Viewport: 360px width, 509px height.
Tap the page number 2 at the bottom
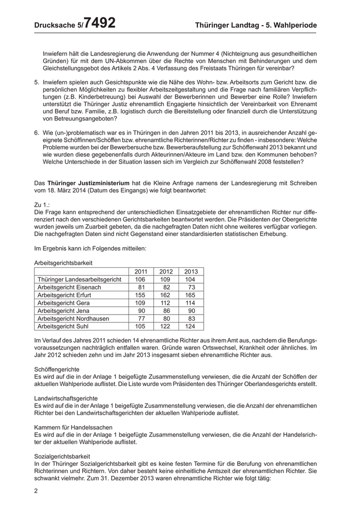(x=36, y=491)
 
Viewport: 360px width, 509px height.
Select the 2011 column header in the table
(x=140, y=271)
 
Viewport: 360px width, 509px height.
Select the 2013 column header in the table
(x=191, y=271)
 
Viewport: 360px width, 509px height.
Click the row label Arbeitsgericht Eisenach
(x=69, y=287)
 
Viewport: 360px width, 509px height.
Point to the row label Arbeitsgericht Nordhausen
(x=74, y=318)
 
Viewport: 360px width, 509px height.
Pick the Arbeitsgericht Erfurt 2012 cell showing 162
(x=166, y=295)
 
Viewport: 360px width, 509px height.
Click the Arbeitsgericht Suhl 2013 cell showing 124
(x=191, y=326)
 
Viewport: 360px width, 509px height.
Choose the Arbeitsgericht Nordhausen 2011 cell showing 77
(x=142, y=318)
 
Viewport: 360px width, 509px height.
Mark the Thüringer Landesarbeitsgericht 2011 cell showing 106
(x=140, y=279)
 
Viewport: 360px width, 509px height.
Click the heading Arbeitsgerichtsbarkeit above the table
(x=63, y=262)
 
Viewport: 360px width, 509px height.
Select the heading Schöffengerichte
(x=57, y=369)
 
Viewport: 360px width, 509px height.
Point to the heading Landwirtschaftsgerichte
(x=65, y=398)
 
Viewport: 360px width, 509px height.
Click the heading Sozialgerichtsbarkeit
(x=62, y=456)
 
